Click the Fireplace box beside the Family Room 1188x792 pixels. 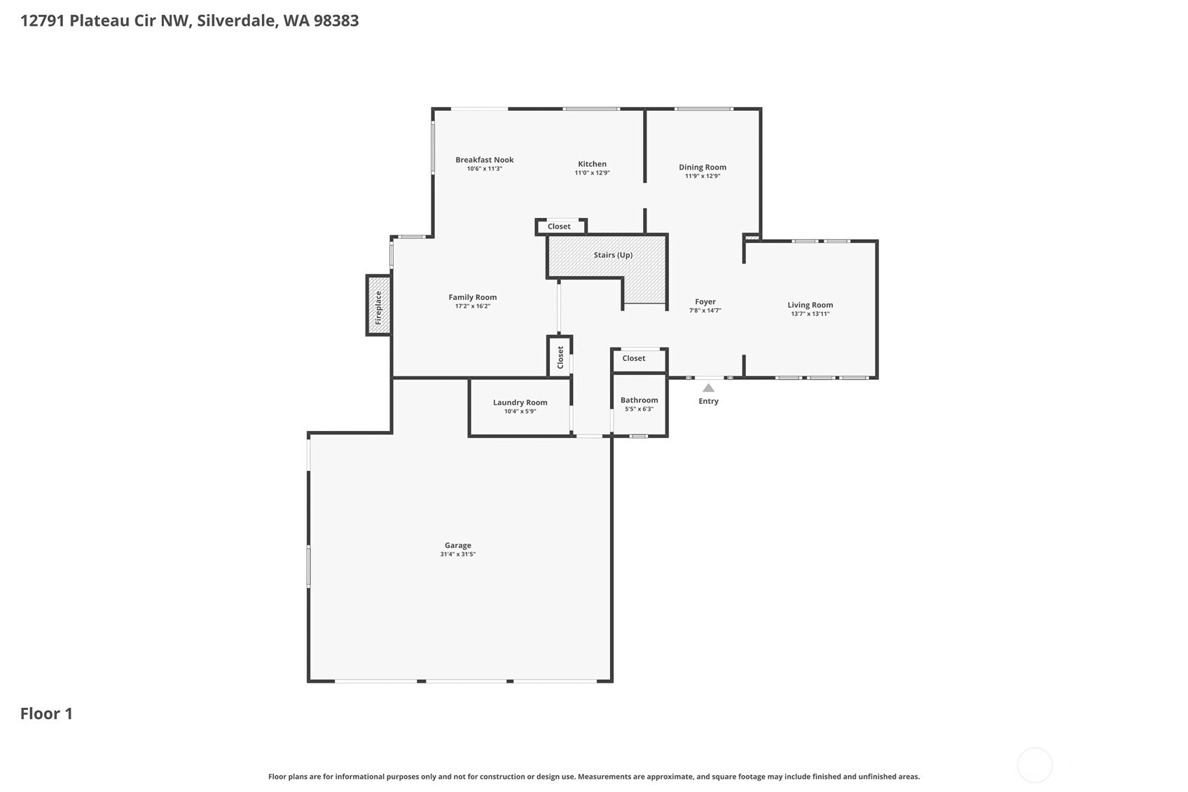378,305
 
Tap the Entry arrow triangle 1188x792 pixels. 708,388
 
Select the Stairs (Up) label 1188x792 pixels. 613,255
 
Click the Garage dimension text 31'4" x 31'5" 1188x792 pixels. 457,554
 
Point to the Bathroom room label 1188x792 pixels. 639,400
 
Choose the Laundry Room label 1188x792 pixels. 520,402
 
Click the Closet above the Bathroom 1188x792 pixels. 634,358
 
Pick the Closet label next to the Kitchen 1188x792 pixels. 559,226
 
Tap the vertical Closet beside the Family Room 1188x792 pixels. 560,357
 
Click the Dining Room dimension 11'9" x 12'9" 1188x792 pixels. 702,176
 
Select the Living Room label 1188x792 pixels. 810,305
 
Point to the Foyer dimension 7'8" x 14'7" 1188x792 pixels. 705,310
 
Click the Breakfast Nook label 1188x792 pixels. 484,160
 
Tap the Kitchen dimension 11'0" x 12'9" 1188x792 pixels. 592,173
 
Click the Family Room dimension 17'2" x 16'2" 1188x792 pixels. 472,306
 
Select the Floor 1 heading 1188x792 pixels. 46,714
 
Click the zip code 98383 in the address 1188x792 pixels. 336,20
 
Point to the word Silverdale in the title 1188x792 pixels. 235,20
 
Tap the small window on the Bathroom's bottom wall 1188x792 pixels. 638,437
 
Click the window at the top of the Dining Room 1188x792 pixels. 703,109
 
